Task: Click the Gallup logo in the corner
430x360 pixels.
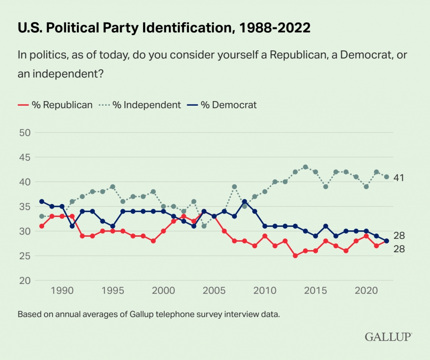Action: coord(388,337)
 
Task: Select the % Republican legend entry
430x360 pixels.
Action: coord(55,105)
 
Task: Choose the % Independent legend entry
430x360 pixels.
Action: coord(140,105)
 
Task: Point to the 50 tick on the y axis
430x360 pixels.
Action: coord(26,133)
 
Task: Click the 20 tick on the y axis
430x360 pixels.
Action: coord(26,280)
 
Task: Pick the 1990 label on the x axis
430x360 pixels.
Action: coord(62,290)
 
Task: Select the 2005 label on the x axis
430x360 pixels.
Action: coord(214,290)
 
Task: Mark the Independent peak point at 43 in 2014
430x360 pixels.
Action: coord(305,167)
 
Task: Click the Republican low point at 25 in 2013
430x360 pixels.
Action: coord(295,256)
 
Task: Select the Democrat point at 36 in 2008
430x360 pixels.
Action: coord(244,201)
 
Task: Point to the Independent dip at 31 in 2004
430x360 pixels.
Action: coord(204,226)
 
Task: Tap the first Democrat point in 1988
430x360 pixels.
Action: coord(42,201)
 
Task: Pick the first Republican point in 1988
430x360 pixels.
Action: coord(42,226)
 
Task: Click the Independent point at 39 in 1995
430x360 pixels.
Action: coord(113,187)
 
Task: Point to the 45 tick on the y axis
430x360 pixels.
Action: coord(26,157)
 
